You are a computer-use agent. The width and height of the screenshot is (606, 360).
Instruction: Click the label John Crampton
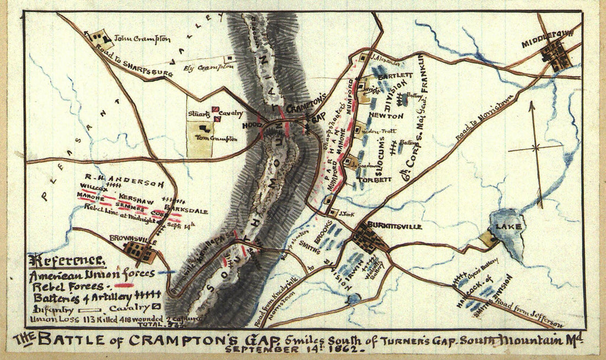pos(142,39)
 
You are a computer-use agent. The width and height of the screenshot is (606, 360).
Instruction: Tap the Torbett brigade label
pos(374,179)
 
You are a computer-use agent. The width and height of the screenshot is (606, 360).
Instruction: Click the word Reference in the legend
pos(67,260)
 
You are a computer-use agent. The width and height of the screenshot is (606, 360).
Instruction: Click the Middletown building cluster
pos(554,55)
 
